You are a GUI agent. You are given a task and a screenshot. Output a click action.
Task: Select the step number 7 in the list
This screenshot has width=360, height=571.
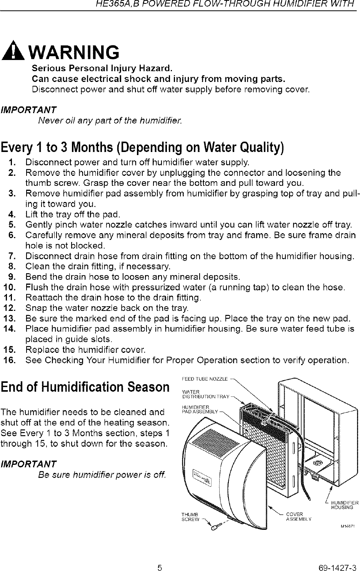(x=11, y=256)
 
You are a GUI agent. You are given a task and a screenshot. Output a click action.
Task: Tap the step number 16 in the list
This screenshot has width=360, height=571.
(x=9, y=361)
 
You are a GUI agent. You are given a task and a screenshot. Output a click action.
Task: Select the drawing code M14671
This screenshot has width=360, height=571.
(x=347, y=526)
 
